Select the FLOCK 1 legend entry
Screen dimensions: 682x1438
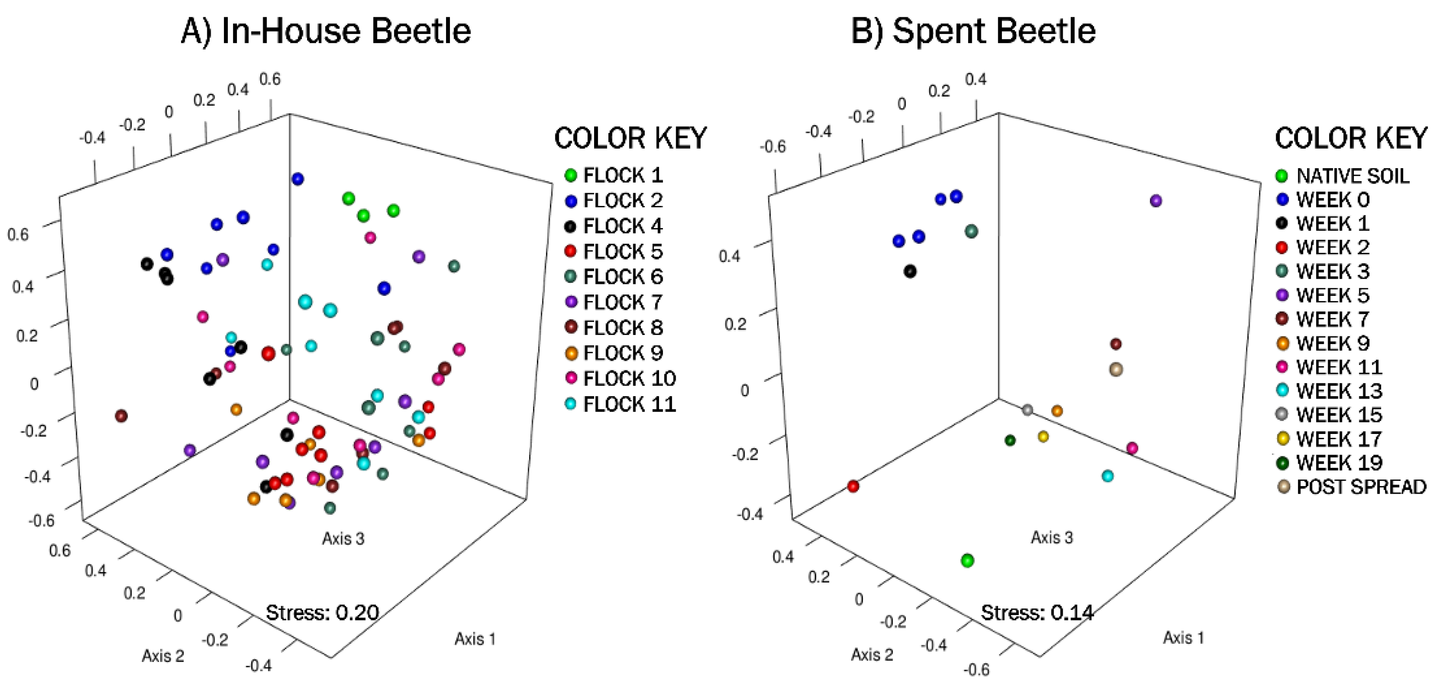614,175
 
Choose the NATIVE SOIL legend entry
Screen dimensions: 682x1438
1342,176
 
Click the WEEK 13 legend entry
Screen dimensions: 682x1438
1331,391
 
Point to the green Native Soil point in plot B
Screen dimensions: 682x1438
968,560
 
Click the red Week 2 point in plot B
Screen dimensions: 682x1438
852,486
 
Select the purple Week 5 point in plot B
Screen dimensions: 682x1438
1156,201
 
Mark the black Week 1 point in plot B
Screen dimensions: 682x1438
910,271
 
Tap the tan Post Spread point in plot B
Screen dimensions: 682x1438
1115,369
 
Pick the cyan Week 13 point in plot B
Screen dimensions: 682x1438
1108,476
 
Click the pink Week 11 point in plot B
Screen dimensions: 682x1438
1132,448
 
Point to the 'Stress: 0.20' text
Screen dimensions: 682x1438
322,613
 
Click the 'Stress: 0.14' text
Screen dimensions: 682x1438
1037,613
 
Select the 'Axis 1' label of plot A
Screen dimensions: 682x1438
475,639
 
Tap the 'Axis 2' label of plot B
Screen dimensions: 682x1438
872,654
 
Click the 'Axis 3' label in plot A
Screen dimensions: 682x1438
343,539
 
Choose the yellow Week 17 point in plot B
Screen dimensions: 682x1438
1043,437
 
